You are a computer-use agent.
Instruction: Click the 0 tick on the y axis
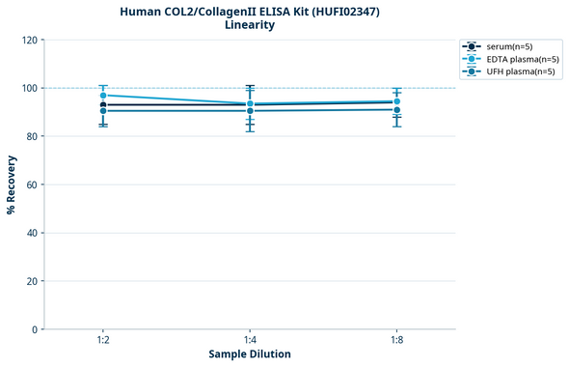34,329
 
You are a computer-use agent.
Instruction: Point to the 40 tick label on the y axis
31,233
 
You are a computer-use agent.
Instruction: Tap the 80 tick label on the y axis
31,136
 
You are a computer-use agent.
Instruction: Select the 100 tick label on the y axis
28,88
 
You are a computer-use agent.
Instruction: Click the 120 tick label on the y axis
28,40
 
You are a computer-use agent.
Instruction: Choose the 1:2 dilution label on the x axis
102,341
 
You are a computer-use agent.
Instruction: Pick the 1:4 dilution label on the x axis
250,341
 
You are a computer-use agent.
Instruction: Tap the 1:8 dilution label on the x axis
397,341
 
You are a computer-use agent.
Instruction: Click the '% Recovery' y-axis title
12,184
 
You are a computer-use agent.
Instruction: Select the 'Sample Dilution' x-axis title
250,354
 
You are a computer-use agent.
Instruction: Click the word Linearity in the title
250,25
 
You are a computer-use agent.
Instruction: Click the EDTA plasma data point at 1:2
102,96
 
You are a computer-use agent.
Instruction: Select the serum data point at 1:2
102,105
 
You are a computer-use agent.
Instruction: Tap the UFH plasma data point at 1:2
102,111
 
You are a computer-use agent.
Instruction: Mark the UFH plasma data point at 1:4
250,111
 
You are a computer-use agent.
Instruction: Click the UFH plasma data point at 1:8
397,109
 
